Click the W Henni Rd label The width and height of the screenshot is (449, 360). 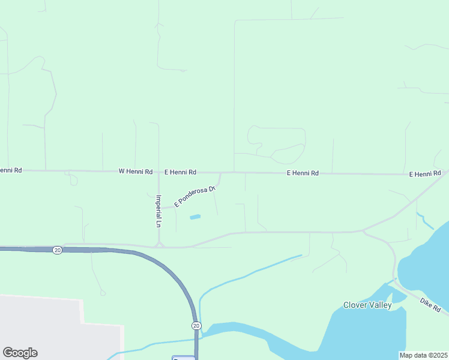click(x=135, y=172)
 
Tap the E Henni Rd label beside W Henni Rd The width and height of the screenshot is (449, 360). click(x=179, y=172)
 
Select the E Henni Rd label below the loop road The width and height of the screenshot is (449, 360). click(x=302, y=173)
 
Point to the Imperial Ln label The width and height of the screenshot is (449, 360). click(x=158, y=211)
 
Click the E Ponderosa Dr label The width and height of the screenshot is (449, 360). click(x=194, y=197)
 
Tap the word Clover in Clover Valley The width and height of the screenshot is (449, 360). click(x=355, y=305)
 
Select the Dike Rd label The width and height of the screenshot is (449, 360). click(x=430, y=304)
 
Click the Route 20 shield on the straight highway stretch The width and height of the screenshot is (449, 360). click(x=57, y=250)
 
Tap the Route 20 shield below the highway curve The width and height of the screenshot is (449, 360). click(x=196, y=325)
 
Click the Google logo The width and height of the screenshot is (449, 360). click(x=20, y=353)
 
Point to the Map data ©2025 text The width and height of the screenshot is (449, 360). click(x=424, y=355)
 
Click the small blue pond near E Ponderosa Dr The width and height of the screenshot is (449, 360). click(x=195, y=217)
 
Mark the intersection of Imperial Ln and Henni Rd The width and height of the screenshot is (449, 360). click(x=158, y=172)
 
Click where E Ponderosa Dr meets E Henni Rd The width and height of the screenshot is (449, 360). click(x=220, y=173)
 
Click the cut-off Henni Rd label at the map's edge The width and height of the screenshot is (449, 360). click(x=11, y=170)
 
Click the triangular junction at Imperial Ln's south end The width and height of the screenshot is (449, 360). click(x=159, y=244)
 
